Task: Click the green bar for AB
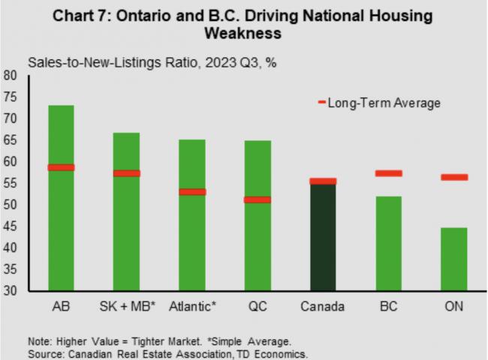(x=61, y=225)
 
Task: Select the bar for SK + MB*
(x=126, y=232)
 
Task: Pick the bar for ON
(x=453, y=259)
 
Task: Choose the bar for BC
(x=388, y=244)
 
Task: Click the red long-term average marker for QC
(x=257, y=199)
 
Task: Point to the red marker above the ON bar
(x=453, y=177)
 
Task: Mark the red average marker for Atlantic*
(x=191, y=191)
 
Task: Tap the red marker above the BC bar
(x=388, y=173)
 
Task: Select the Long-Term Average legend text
(x=384, y=103)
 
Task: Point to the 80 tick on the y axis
(x=11, y=76)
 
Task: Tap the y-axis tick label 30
(x=11, y=292)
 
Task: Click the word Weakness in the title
(x=242, y=34)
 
